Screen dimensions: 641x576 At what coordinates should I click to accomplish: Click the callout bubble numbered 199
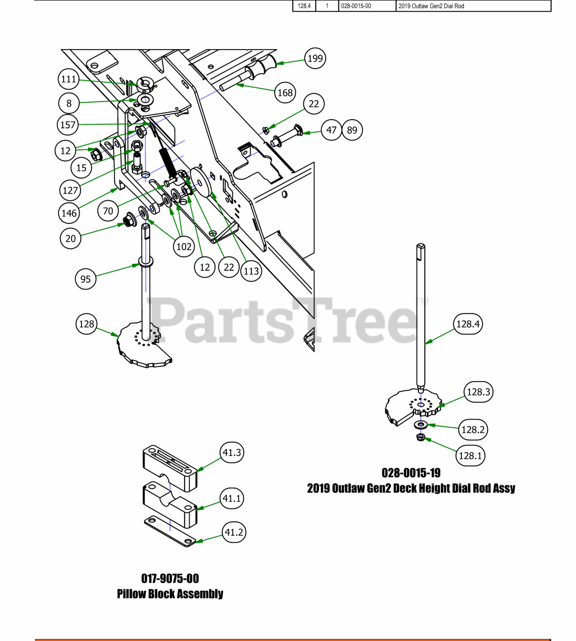(315, 59)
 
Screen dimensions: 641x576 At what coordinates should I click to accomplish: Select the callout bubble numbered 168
(285, 93)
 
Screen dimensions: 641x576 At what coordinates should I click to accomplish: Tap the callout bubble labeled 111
(69, 79)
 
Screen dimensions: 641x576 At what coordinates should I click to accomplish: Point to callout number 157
(68, 125)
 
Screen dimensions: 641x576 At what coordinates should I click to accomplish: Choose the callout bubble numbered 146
(69, 213)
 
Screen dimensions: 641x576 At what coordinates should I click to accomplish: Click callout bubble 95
(86, 279)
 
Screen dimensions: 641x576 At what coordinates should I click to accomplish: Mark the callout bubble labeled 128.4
(468, 324)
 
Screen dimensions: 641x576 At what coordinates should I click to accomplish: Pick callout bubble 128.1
(470, 456)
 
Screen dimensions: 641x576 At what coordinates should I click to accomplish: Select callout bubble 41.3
(232, 452)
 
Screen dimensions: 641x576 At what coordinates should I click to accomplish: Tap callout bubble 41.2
(234, 532)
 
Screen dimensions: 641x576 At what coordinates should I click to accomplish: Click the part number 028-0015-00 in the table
(356, 6)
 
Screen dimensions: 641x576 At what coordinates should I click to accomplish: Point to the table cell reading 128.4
(304, 6)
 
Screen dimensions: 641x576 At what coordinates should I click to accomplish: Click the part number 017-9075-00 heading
(170, 578)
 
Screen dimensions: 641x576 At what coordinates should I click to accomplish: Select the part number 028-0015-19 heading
(411, 473)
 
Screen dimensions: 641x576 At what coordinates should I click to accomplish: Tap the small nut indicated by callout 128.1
(421, 437)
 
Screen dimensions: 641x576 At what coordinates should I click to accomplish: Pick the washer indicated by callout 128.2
(421, 425)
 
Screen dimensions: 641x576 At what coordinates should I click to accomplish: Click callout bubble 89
(352, 130)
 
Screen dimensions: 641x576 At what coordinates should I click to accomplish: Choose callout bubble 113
(251, 271)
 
